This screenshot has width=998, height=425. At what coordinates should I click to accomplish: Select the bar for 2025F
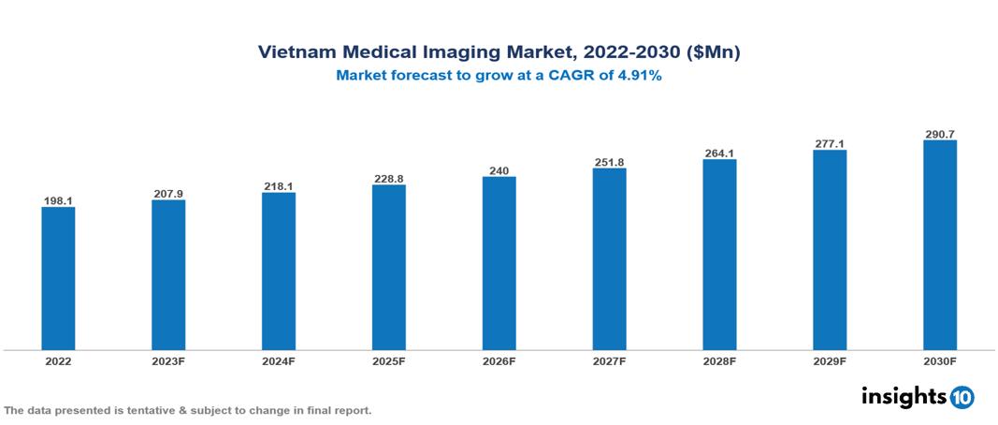[389, 267]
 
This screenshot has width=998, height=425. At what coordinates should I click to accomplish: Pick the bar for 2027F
[609, 259]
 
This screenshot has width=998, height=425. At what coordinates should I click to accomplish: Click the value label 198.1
[58, 200]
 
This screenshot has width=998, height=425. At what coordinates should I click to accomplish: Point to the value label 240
[499, 170]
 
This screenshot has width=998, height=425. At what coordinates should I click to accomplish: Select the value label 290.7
[940, 134]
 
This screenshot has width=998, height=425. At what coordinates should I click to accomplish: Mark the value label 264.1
[719, 153]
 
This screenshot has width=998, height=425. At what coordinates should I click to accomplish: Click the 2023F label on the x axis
[168, 360]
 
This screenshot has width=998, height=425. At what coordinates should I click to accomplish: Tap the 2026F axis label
[499, 360]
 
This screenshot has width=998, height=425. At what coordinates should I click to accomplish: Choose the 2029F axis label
[830, 360]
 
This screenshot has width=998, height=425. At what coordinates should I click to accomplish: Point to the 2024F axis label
[279, 360]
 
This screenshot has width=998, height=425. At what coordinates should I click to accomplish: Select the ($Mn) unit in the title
[714, 53]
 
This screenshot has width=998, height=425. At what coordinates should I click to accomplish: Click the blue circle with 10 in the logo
[962, 397]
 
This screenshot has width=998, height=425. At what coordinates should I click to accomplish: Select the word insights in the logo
[903, 396]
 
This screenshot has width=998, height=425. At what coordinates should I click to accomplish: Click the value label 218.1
[279, 186]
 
